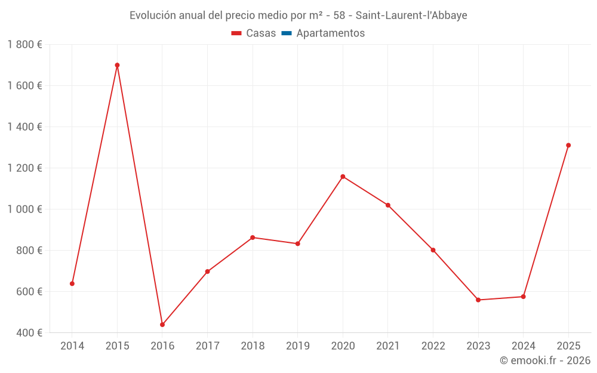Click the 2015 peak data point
pos(117,65)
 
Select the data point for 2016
pos(162,325)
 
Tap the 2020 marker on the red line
pos(343,177)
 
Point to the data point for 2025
pos(568,145)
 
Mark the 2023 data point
pos(478,300)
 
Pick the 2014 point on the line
pos(72,283)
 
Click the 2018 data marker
pos(253,238)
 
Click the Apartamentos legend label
pos(330,33)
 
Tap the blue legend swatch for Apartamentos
pos(286,33)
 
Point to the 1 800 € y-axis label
pos(24,45)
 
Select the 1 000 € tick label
pos(24,209)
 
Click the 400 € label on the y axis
pos(29,333)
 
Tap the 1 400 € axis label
pos(24,127)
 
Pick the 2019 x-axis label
pos(297,346)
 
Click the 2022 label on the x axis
pos(433,346)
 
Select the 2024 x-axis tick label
pos(523,346)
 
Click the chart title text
pos(298,15)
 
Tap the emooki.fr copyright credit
pos(544,360)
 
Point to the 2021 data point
pos(388,205)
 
